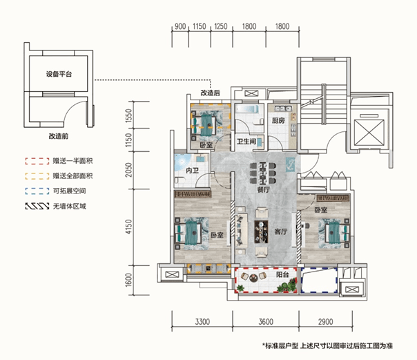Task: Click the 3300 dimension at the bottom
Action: pos(202,322)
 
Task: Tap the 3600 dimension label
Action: pos(266,322)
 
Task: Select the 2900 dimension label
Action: pos(325,322)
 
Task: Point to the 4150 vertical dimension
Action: pos(128,227)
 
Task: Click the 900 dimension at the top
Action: pos(180,26)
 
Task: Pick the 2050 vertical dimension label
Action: pos(128,170)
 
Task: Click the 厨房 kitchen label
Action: pos(278,120)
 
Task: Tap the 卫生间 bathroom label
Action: pos(246,141)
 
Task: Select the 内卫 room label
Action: pos(192,170)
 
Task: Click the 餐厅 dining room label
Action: pos(263,190)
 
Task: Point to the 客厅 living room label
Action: pos(280,231)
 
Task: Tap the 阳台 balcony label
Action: pos(282,274)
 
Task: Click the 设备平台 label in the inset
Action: pos(59,74)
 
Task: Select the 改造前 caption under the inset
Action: pos(59,136)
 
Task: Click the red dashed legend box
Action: pos(37,161)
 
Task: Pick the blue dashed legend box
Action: pos(37,191)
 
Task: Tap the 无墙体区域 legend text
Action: pos(70,206)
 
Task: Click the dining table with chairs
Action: pos(263,173)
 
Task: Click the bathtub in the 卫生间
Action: pos(247,110)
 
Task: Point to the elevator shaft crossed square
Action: pos(369,133)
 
